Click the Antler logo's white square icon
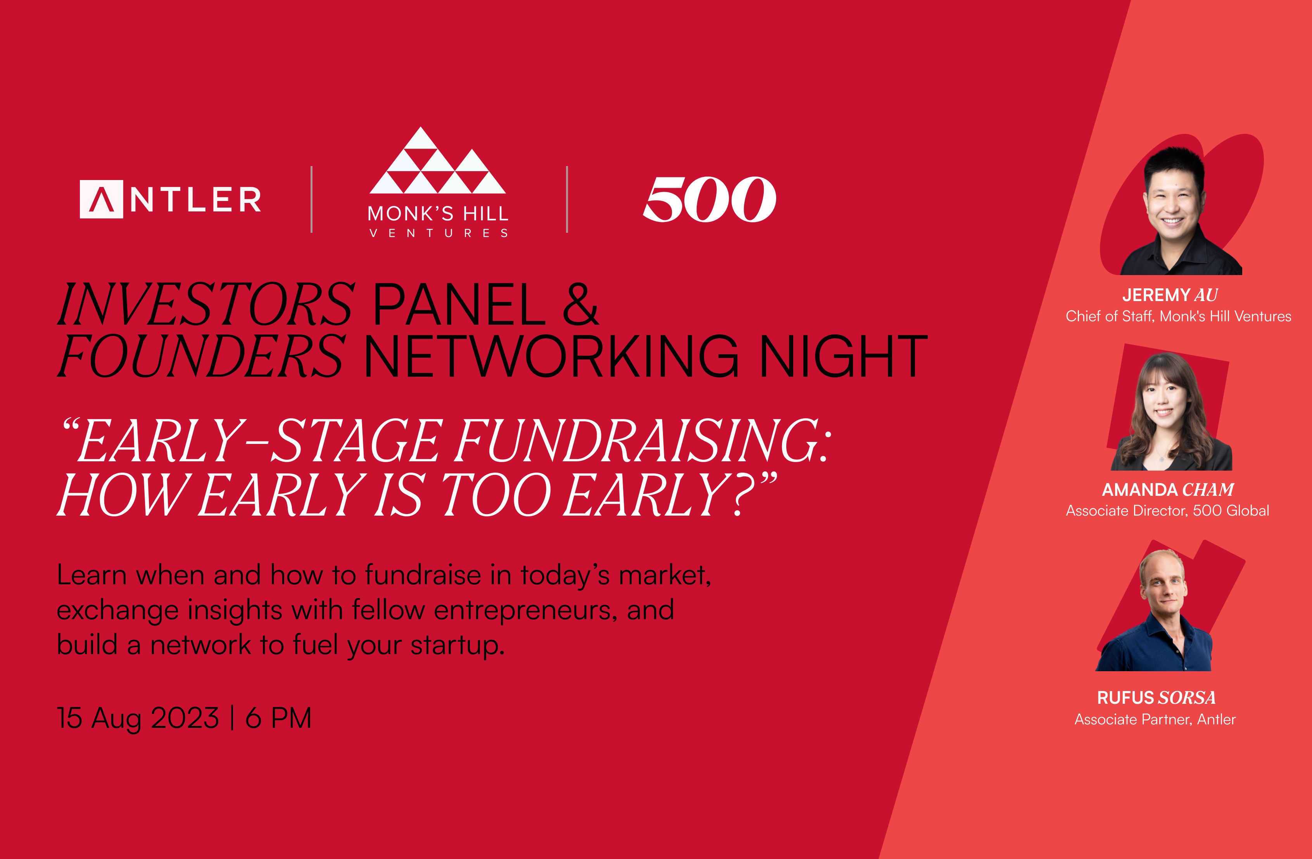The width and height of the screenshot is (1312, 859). (x=102, y=199)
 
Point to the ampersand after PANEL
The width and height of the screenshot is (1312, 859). (x=580, y=304)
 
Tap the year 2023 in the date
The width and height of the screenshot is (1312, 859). (x=185, y=718)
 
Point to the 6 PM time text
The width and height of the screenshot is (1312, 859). (x=278, y=718)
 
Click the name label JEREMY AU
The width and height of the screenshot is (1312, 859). (x=1170, y=295)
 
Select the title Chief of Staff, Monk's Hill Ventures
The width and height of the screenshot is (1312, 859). (x=1178, y=316)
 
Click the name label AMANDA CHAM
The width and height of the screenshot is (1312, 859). (x=1167, y=489)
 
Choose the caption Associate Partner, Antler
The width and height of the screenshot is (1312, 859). (x=1155, y=719)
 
